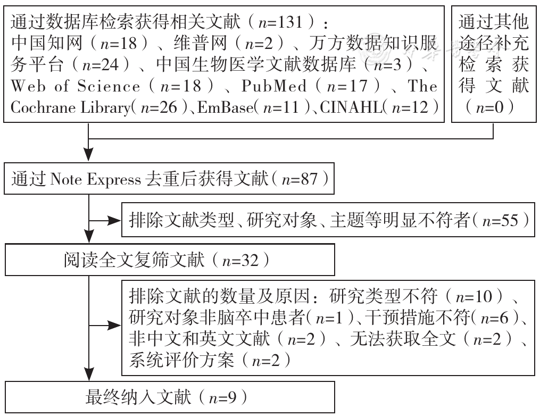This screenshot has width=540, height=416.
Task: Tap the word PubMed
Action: pyautogui.click(x=274, y=86)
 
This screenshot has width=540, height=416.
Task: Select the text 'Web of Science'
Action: pyautogui.click(x=76, y=86)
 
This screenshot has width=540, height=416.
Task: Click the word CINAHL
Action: pyautogui.click(x=351, y=107)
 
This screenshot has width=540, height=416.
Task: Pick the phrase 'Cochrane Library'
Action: pyautogui.click(x=71, y=107)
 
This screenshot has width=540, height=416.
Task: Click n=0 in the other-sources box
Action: pyautogui.click(x=489, y=107)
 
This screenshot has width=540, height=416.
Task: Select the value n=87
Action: pyautogui.click(x=300, y=179)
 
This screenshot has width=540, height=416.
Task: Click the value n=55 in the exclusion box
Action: pyautogui.click(x=500, y=220)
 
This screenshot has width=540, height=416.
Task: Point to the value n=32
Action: pyautogui.click(x=240, y=260)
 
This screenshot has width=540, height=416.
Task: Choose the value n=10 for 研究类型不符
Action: pyautogui.click(x=474, y=297)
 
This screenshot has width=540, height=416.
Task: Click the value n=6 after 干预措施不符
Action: pyautogui.click(x=495, y=318)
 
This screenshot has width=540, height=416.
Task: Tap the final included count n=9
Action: pyautogui.click(x=222, y=398)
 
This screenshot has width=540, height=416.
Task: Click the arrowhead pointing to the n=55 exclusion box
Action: pyautogui.click(x=115, y=221)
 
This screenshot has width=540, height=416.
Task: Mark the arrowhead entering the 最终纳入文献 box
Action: pyautogui.click(x=89, y=374)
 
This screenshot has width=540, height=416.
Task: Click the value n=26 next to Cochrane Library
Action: pyautogui.click(x=159, y=107)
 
